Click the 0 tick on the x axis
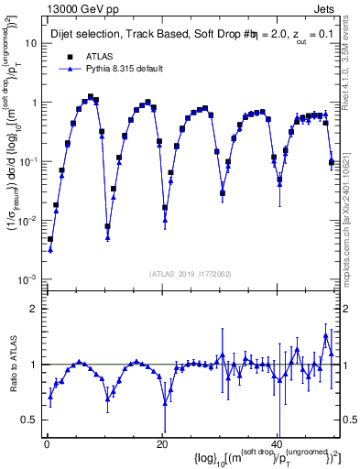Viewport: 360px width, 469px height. (47, 443)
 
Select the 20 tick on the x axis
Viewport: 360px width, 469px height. (162, 443)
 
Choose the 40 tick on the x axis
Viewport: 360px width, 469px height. (278, 443)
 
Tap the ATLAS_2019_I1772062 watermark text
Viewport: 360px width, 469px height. (189, 274)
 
